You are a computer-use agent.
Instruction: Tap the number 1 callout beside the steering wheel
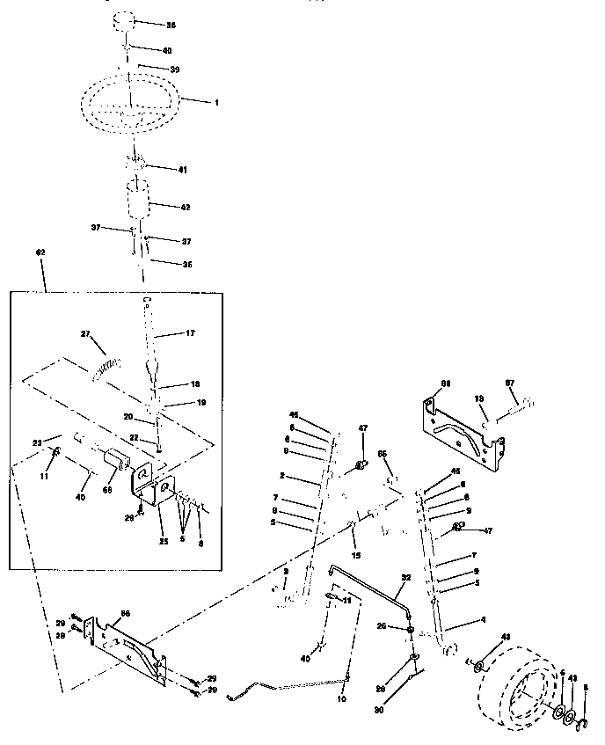click(216, 103)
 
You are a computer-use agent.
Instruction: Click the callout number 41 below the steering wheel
click(182, 168)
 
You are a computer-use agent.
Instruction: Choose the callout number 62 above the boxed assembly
click(40, 253)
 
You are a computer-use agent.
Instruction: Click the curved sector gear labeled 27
click(106, 364)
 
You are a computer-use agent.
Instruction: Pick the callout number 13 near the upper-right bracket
click(480, 398)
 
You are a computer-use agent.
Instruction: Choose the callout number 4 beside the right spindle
click(481, 622)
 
